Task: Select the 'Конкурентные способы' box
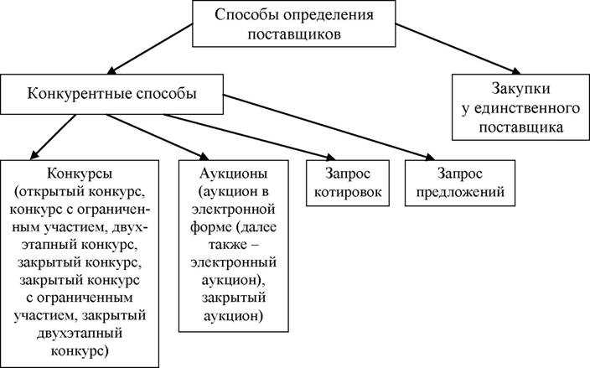112,95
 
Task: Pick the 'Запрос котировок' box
348,183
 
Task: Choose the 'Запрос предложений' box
458,183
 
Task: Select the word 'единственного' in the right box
520,108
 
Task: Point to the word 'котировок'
348,192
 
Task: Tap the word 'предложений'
458,192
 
